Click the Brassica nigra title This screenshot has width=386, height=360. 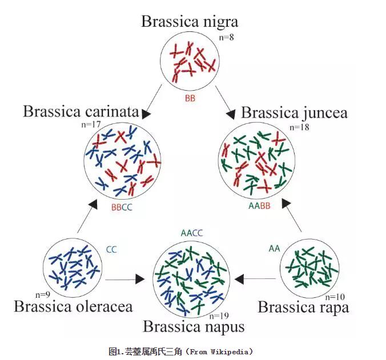[190, 22]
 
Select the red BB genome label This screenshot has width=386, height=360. [190, 98]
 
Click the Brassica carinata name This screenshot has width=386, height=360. [81, 111]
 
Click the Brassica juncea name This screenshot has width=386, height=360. [294, 112]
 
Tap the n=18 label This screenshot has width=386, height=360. [299, 127]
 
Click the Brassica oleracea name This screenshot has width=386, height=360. [73, 306]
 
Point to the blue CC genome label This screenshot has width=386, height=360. [111, 249]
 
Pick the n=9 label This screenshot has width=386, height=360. [43, 294]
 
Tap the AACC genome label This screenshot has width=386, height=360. [192, 233]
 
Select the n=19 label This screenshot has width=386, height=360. [220, 315]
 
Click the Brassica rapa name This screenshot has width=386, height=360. [303, 307]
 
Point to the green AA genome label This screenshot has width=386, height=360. [274, 248]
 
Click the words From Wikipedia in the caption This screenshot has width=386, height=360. [219, 351]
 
